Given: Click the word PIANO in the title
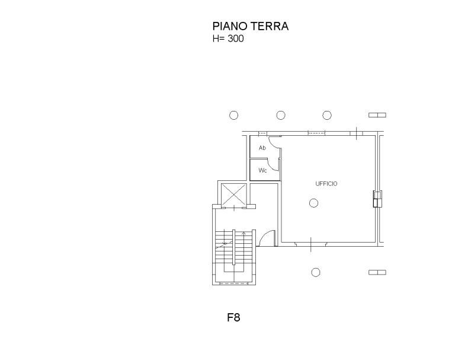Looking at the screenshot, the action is [x=230, y=26].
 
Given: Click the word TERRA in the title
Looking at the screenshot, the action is [x=270, y=26].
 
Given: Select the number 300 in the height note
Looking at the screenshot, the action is [x=236, y=39].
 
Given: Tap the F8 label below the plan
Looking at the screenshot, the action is [x=233, y=317].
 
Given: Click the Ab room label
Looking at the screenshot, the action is [x=262, y=148].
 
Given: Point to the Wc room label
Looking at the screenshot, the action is [x=262, y=170].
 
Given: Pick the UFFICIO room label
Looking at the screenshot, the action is [x=326, y=184].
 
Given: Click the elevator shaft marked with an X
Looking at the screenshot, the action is [x=233, y=195].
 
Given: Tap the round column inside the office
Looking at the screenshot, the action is [x=313, y=203].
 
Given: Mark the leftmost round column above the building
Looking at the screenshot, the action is [x=233, y=115].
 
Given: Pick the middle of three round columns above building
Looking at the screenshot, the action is [x=281, y=115].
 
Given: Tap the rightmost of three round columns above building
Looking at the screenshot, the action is [x=327, y=115].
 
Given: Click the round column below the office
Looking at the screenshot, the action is [x=316, y=272].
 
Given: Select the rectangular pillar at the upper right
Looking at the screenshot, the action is [x=377, y=115].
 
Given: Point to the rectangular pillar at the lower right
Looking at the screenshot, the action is [x=377, y=272].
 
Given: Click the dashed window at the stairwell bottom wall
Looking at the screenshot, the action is [x=234, y=283].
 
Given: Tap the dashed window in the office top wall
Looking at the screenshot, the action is [x=316, y=133].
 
